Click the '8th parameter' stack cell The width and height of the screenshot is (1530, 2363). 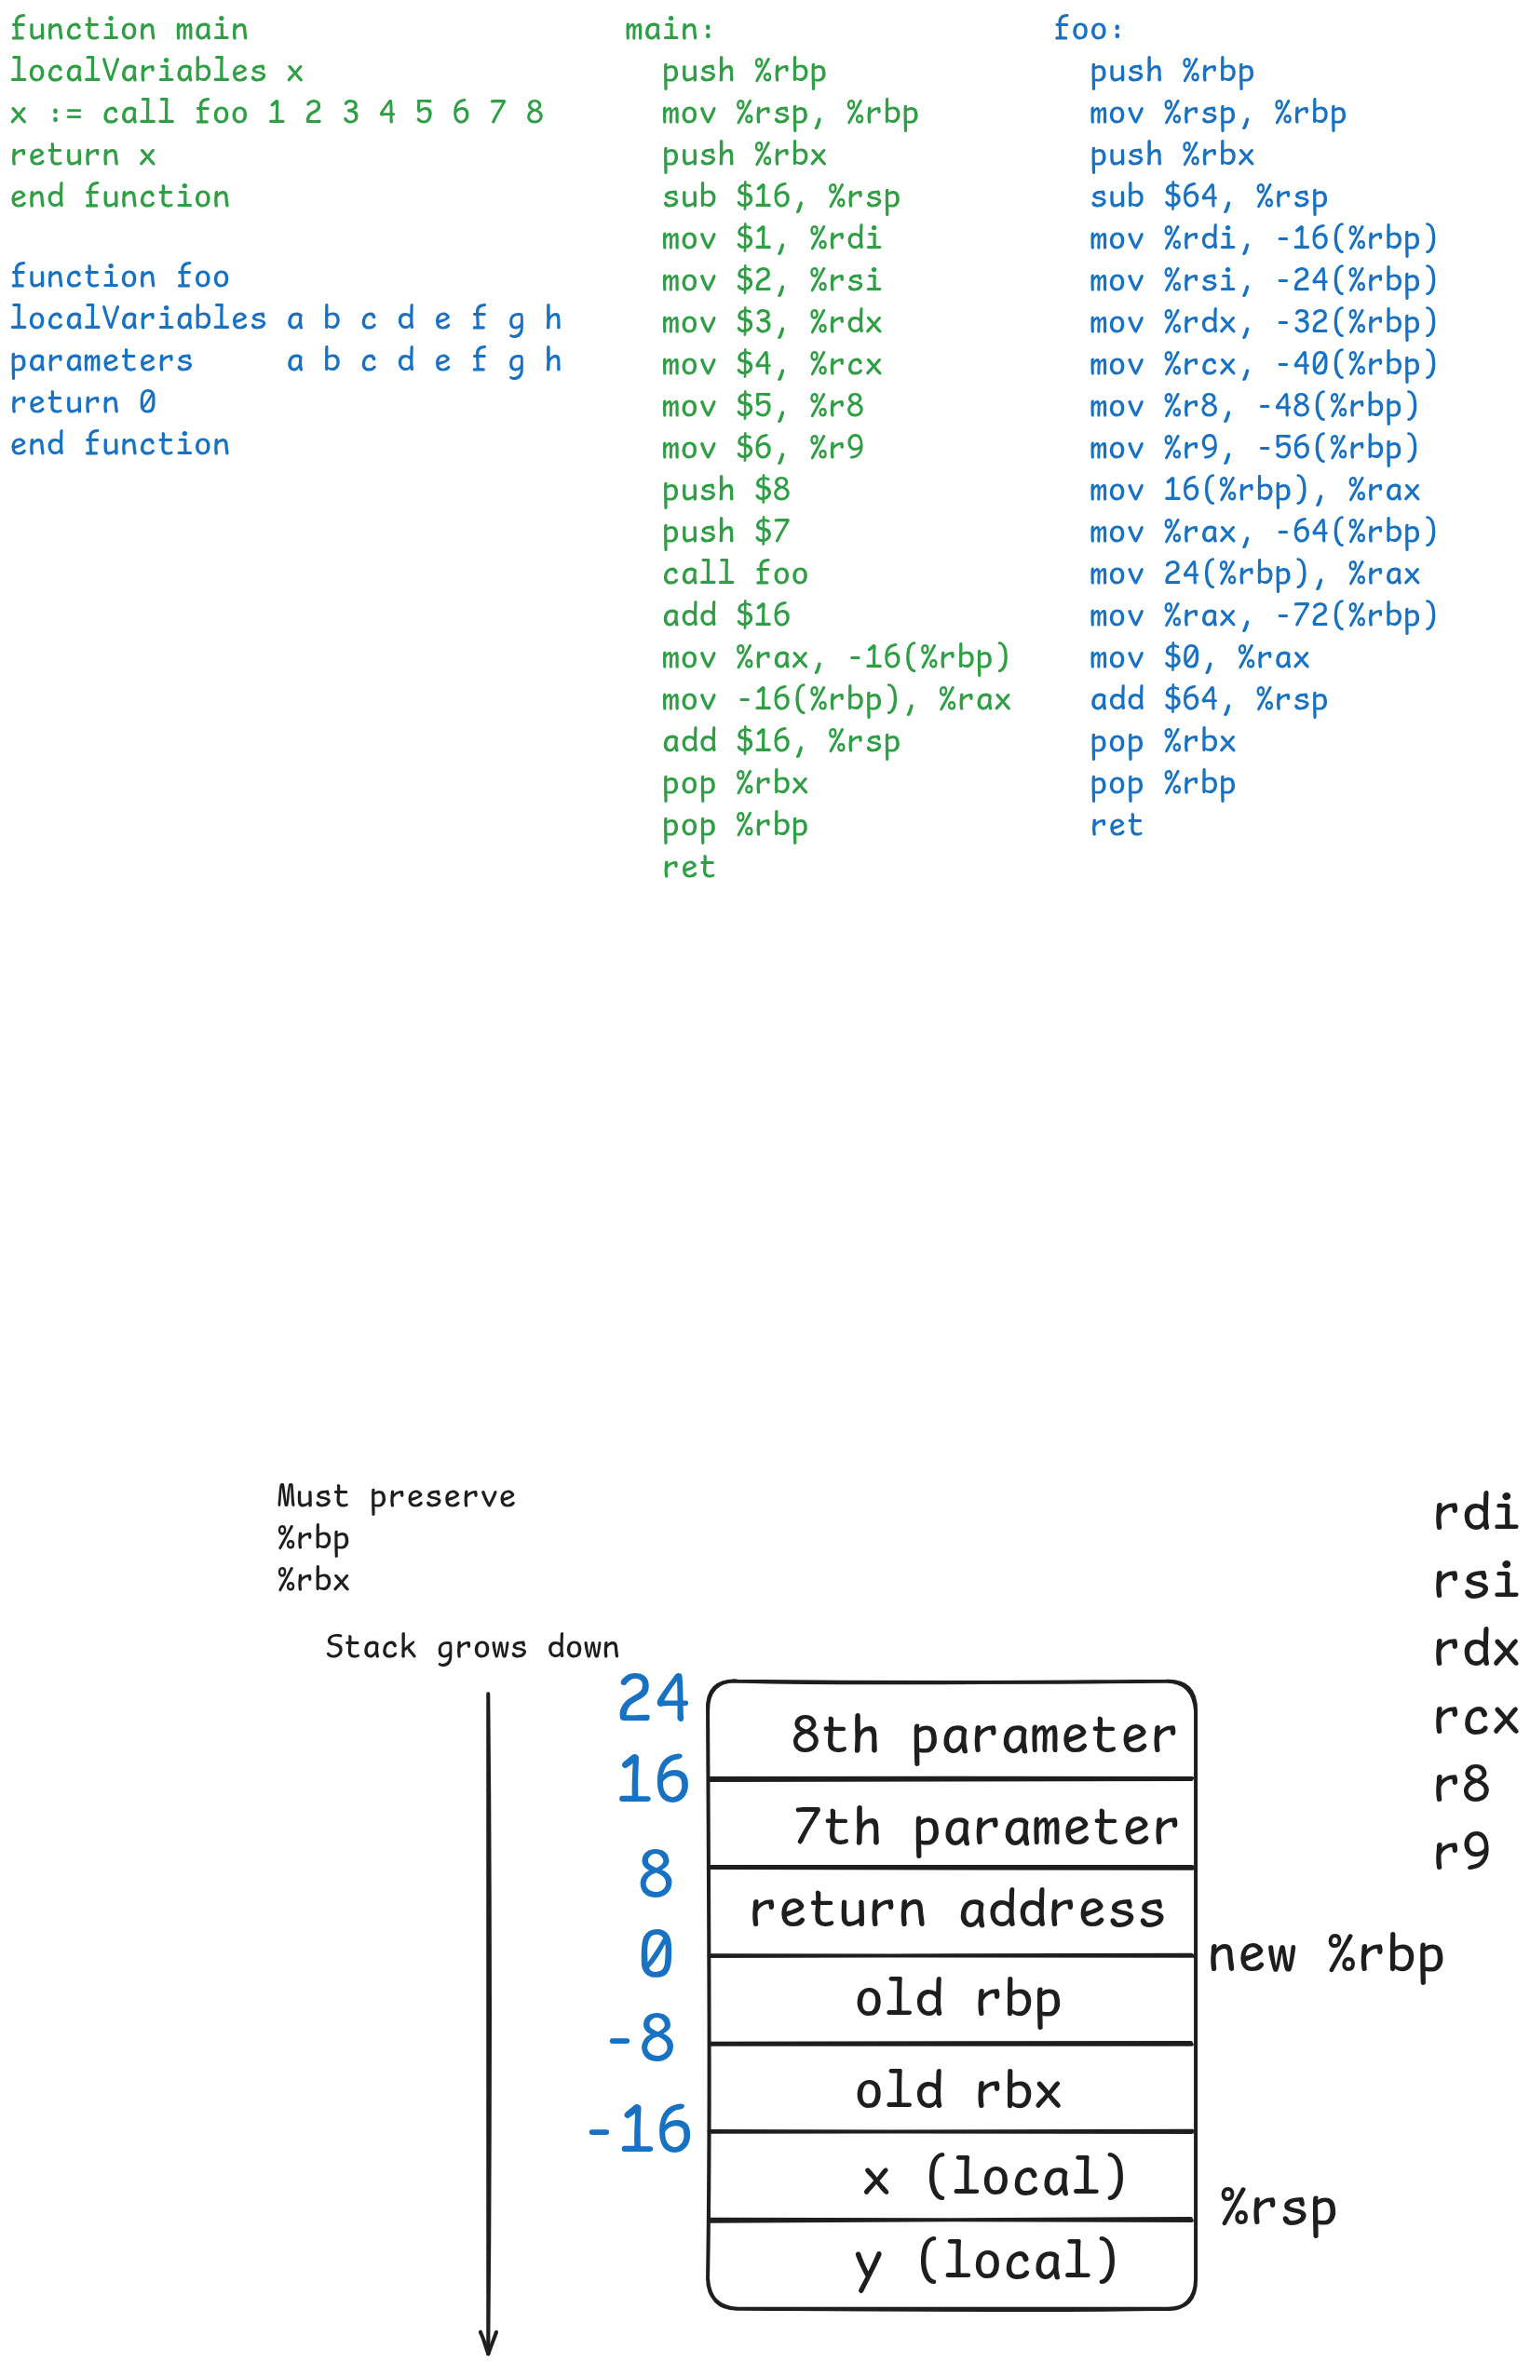click(x=950, y=1734)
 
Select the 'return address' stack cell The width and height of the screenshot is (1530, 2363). click(x=950, y=1911)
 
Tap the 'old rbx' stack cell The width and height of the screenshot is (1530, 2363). click(x=950, y=2089)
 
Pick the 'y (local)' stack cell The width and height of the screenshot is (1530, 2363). click(x=950, y=2262)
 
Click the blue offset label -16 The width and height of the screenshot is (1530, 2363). click(x=640, y=2128)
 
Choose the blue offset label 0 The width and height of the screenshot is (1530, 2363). click(x=656, y=1954)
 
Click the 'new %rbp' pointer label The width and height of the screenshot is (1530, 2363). click(x=1324, y=1954)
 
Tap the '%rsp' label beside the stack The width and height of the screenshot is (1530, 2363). click(x=1278, y=2207)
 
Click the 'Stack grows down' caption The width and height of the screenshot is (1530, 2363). click(x=471, y=1646)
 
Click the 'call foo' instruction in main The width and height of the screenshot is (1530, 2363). click(x=735, y=573)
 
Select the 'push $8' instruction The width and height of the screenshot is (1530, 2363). click(x=725, y=490)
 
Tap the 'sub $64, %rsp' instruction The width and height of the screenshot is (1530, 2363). click(x=1209, y=196)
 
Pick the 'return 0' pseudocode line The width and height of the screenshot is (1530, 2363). click(x=82, y=402)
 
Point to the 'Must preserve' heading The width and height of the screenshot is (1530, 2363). click(x=396, y=1495)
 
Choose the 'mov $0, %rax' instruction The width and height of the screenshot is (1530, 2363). click(x=1199, y=657)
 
